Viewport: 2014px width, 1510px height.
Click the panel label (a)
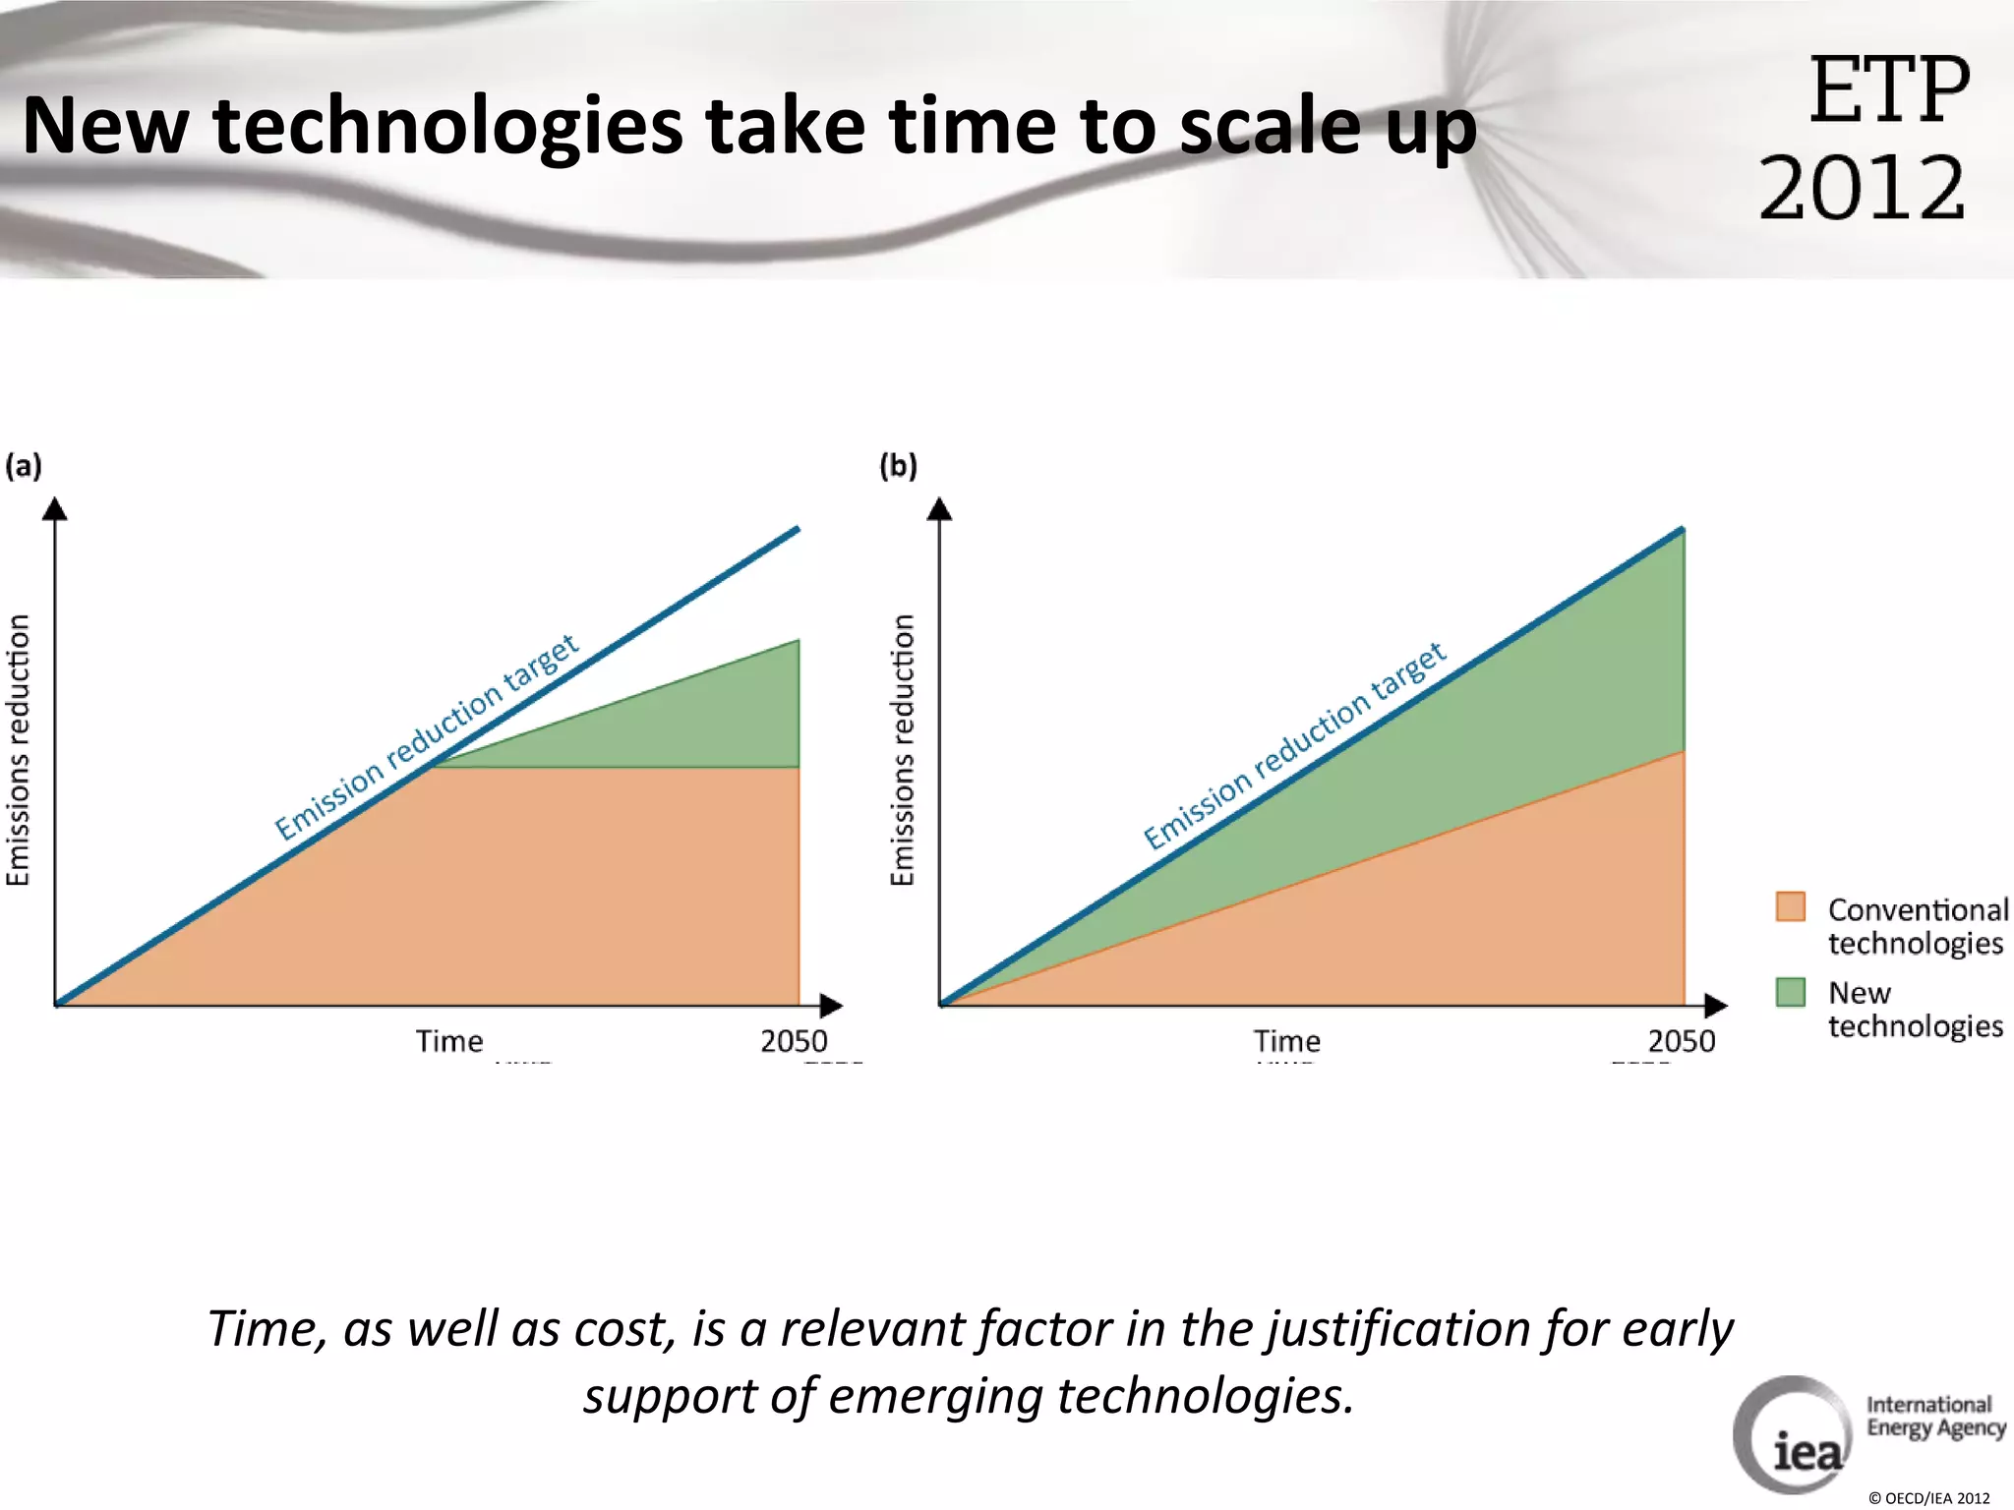[x=24, y=465]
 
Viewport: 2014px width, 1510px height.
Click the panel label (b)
[x=898, y=465]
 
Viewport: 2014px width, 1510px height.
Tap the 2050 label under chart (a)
[x=794, y=1041]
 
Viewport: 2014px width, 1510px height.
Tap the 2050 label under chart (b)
[x=1681, y=1041]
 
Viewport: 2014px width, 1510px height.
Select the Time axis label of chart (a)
[x=449, y=1041]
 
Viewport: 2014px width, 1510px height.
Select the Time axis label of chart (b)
[x=1286, y=1041]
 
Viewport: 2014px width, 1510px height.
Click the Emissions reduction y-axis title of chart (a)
[x=19, y=750]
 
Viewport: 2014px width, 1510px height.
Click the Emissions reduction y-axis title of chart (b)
[x=903, y=750]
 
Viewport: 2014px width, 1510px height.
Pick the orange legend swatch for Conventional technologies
[x=1790, y=906]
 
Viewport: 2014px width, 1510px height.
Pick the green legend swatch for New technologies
[x=1790, y=991]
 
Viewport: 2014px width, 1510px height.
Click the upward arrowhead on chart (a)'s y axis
[x=56, y=509]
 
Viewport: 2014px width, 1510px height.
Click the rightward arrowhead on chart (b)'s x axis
[x=1715, y=1006]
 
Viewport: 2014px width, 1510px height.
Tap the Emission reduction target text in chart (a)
[x=426, y=738]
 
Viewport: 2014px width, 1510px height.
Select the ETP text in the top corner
[x=1889, y=91]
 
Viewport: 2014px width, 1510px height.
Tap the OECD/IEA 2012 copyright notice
[x=1928, y=1498]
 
